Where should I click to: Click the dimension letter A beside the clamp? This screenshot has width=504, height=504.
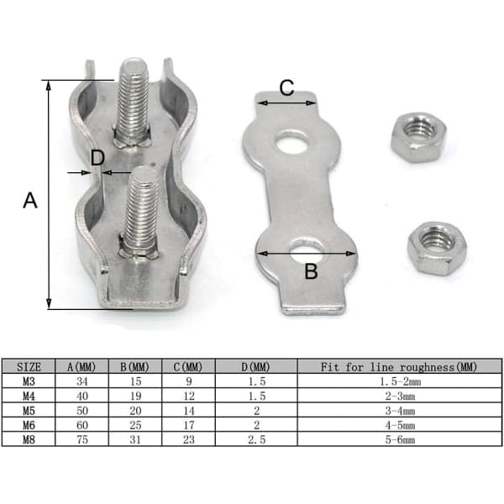click(x=30, y=200)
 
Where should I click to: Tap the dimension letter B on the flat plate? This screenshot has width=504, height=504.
click(x=311, y=270)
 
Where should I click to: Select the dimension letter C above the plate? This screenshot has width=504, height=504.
click(x=286, y=87)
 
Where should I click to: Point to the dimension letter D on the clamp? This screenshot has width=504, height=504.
click(x=97, y=158)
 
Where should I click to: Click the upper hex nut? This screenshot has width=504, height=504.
click(x=419, y=137)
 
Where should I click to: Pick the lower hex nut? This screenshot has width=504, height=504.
click(x=437, y=248)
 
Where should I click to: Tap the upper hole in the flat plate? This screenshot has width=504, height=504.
click(x=293, y=142)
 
